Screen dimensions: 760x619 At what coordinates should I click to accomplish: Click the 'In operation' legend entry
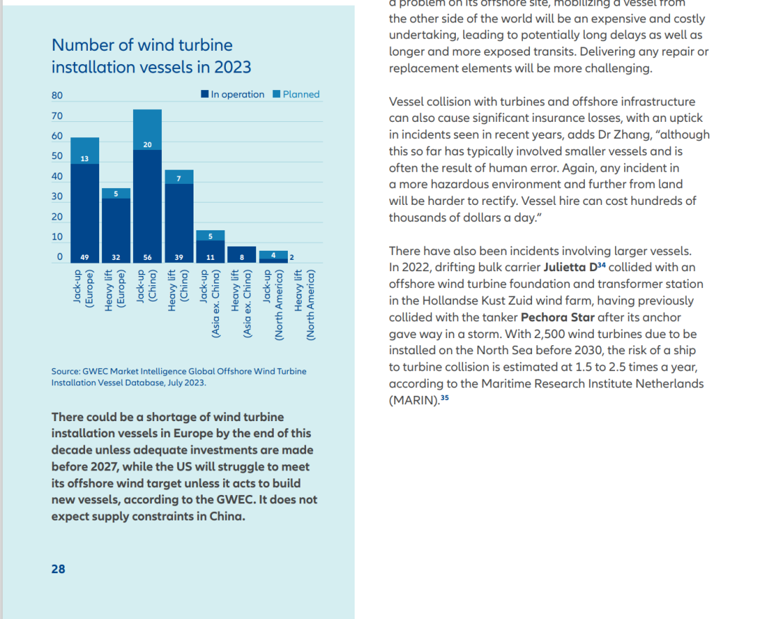[233, 94]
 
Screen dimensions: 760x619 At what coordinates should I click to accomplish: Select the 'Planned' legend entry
[296, 94]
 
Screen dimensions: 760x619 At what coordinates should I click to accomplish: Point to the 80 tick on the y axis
[57, 96]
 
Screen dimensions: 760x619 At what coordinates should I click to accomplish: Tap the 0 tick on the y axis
[60, 256]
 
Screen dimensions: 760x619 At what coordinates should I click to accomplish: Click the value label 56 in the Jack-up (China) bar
[147, 258]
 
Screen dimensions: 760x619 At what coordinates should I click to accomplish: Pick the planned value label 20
[147, 144]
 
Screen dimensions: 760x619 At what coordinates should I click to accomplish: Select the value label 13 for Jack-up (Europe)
[84, 158]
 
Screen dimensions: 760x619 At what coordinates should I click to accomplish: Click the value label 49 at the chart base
[84, 258]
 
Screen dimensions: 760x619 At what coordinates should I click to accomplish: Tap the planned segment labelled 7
[179, 177]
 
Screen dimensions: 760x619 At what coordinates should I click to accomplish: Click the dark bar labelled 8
[242, 255]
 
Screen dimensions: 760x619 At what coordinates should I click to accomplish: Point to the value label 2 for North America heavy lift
[292, 258]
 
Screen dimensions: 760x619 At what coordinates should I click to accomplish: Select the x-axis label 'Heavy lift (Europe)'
[115, 290]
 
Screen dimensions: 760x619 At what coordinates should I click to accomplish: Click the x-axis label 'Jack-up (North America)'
[273, 305]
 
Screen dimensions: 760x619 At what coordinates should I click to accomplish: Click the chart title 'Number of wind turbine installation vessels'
[151, 56]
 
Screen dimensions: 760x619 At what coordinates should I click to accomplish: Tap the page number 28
[58, 569]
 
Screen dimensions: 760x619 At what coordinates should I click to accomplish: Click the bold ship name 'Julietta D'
[570, 268]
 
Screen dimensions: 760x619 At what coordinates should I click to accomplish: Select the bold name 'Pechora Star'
[557, 318]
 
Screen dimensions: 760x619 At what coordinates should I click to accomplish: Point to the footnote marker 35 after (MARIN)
[445, 398]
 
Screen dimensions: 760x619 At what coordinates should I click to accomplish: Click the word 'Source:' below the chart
[65, 372]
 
